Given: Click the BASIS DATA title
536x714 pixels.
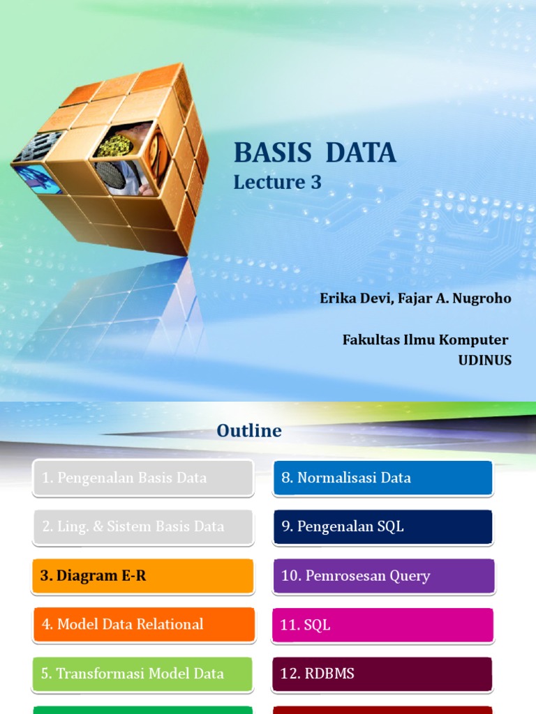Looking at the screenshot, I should (315, 153).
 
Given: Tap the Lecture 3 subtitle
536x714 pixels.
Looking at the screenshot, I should (278, 183).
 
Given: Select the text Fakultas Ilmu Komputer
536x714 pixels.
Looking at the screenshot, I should (425, 340).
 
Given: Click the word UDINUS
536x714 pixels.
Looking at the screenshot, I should (484, 360).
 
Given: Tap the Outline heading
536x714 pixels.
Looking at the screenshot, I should (249, 431).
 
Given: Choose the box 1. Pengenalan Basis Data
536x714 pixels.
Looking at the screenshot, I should (143, 478).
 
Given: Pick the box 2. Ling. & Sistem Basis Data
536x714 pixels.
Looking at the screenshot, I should (143, 526).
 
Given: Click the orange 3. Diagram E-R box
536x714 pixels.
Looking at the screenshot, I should (143, 576).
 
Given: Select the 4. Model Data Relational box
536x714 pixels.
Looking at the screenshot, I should (143, 624).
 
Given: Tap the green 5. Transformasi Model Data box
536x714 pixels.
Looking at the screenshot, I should (143, 674).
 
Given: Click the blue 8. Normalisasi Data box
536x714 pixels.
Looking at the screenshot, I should (383, 478).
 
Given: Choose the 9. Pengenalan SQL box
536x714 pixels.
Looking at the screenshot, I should (383, 526).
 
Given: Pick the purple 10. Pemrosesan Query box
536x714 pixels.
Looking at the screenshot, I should (383, 576).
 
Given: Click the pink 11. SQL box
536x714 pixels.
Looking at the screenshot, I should (383, 625).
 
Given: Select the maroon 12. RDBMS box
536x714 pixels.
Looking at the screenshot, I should (383, 674).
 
